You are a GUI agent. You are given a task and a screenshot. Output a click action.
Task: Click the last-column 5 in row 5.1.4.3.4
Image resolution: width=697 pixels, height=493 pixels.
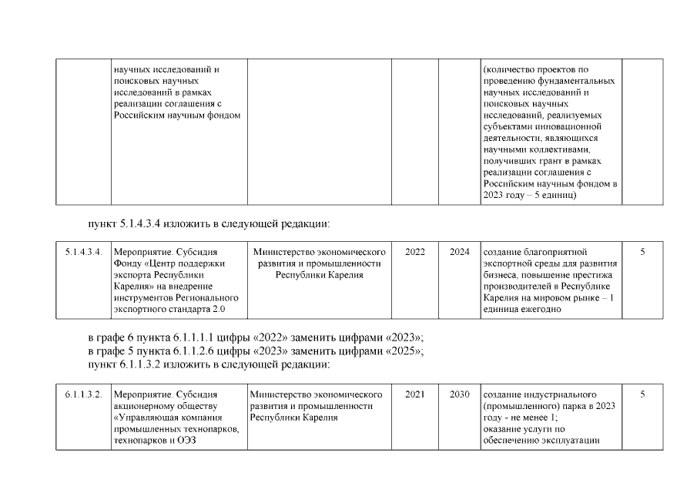642,252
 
